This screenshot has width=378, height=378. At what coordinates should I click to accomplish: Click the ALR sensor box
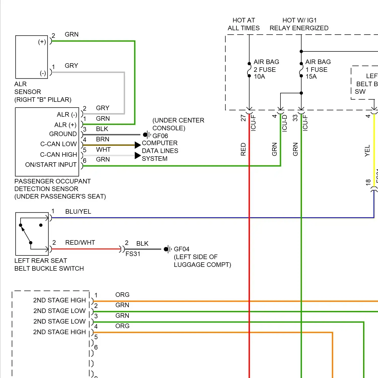pos(31,57)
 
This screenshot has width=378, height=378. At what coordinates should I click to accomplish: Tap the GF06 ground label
pos(160,136)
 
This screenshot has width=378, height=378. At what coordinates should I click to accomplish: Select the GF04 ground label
pos(181,249)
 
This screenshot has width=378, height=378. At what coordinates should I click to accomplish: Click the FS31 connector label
pos(133,254)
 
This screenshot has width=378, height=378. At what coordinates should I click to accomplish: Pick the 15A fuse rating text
pos(311,77)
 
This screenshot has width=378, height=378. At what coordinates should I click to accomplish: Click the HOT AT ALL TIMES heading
pos(243,24)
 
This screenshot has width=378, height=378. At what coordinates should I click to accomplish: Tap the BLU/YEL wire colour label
pos(78,211)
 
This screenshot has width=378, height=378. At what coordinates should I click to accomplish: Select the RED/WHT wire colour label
pos(80,242)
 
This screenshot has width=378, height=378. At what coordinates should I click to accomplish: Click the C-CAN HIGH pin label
pos(58,154)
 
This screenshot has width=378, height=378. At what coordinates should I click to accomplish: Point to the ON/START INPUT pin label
pos(51,165)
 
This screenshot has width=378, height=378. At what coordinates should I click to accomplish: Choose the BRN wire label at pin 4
pos(103,139)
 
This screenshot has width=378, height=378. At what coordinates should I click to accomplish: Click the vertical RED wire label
pos(243,149)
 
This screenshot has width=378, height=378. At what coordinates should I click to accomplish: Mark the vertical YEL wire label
pos(367,150)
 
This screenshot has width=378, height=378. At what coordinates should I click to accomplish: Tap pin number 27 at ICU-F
pos(243,118)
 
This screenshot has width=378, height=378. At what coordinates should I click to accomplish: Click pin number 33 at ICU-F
pos(295,118)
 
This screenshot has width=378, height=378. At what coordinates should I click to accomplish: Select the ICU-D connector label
pos(285,123)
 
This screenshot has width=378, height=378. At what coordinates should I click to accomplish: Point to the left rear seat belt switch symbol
pos(32,234)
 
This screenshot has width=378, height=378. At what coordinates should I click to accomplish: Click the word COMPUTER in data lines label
pos(160,143)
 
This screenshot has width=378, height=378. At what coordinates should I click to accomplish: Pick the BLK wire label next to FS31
pos(142,243)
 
